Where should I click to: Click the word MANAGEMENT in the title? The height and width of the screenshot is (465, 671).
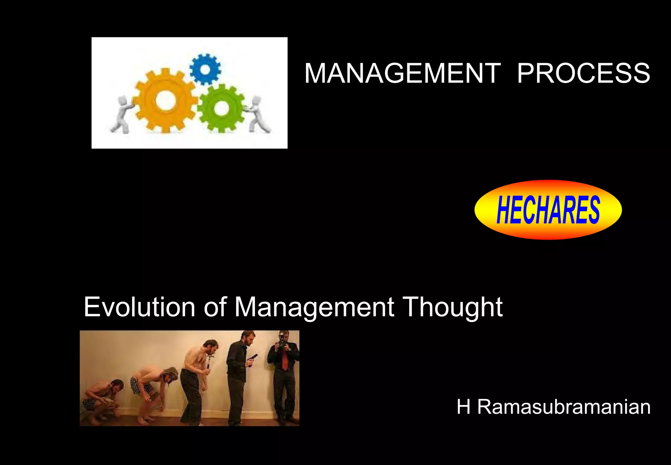point(402,73)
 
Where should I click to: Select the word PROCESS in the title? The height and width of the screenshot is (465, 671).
point(583,73)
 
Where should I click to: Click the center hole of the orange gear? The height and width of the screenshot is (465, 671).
point(164,101)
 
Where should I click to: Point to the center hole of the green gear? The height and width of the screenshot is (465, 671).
point(221,108)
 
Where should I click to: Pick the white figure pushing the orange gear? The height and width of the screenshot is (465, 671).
point(120,114)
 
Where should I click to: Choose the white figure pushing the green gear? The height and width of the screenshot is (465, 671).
point(259,114)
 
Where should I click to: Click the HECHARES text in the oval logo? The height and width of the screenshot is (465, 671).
point(548,210)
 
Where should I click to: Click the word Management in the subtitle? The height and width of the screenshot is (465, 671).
point(314,307)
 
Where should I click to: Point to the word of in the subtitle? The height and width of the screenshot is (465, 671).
point(215,307)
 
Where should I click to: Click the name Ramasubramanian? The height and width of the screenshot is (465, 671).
point(564,407)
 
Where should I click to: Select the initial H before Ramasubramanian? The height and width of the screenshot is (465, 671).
point(464,407)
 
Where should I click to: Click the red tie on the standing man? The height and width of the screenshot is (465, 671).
point(285,361)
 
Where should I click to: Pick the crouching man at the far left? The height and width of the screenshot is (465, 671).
point(102,400)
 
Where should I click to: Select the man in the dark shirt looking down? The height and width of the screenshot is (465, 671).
point(239,374)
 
